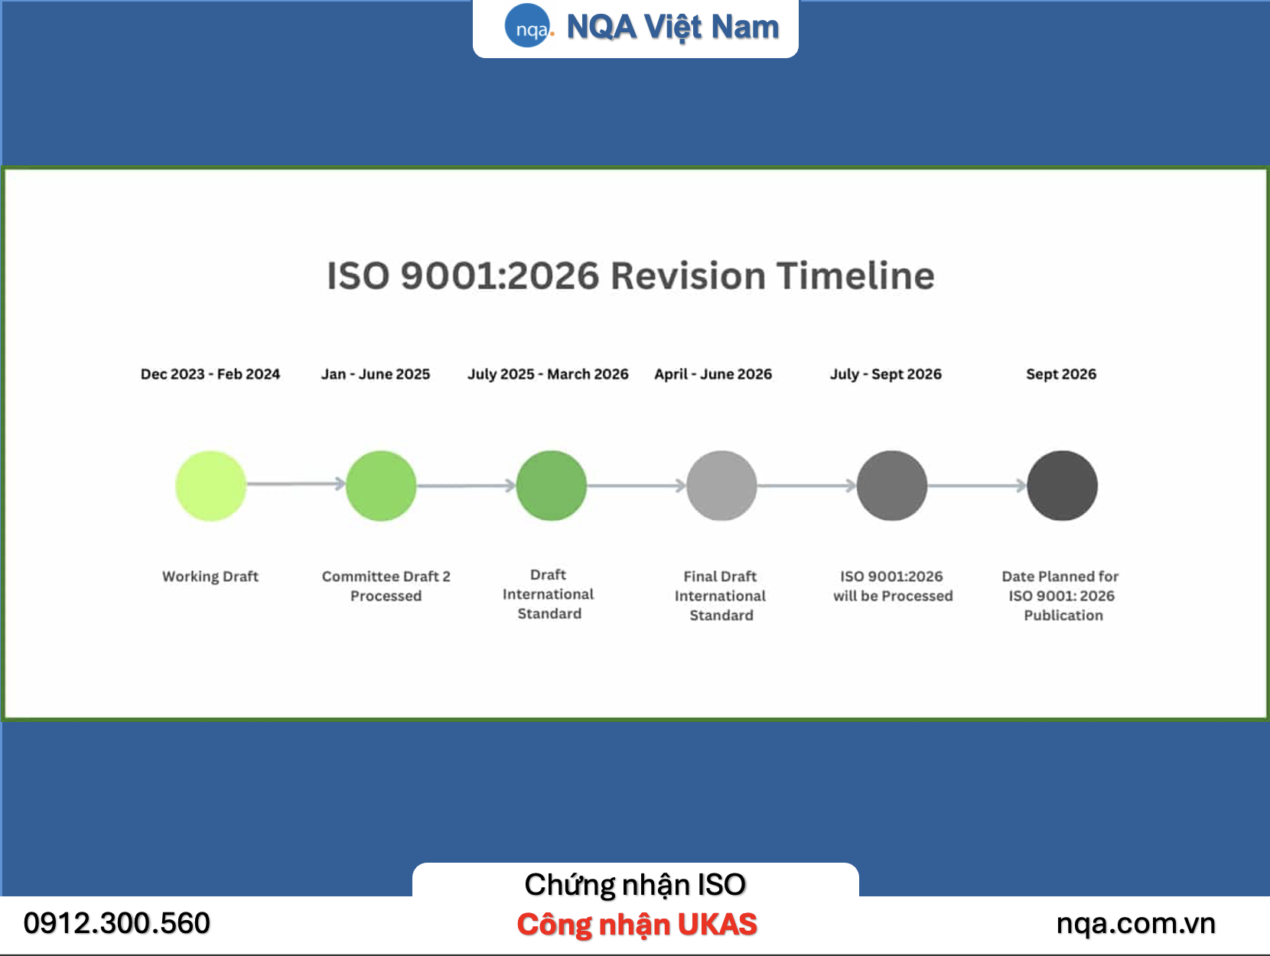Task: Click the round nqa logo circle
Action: tap(526, 26)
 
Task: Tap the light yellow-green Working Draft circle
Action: tap(210, 486)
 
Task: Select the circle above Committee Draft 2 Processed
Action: tap(381, 486)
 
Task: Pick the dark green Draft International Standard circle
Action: tap(551, 486)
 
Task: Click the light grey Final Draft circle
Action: tap(721, 486)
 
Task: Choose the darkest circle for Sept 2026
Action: tap(1063, 486)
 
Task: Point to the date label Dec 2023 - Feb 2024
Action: tap(210, 374)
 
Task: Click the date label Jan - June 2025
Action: tap(376, 374)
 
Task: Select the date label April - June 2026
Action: tap(713, 374)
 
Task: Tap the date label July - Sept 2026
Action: tap(886, 374)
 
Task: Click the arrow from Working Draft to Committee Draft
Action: tap(295, 484)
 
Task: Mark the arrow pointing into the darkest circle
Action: tap(977, 486)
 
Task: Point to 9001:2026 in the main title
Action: tap(500, 275)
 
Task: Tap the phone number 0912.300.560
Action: tap(116, 923)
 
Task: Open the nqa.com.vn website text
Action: tap(1136, 924)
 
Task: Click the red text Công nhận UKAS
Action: tap(637, 924)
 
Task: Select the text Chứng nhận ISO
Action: tap(635, 885)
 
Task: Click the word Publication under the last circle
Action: tap(1063, 616)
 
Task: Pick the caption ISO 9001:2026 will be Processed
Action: tap(893, 586)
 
